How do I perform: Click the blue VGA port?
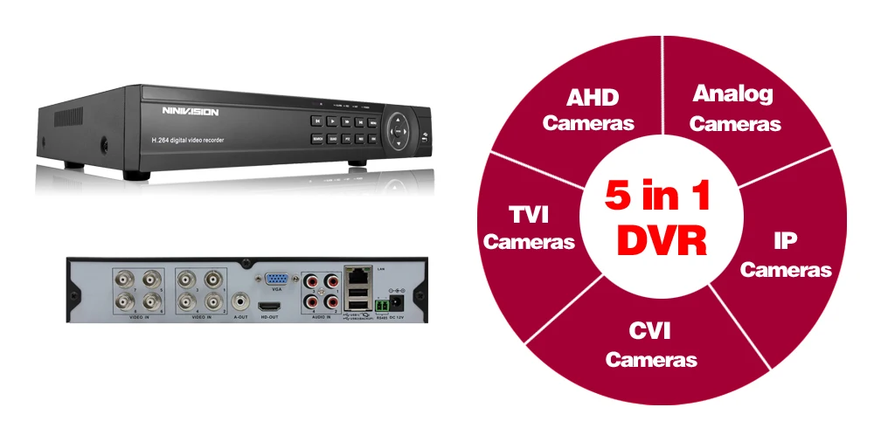pyautogui.click(x=278, y=278)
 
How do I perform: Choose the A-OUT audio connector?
pyautogui.click(x=242, y=303)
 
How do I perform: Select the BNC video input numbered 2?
pyautogui.click(x=211, y=303)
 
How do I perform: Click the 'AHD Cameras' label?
pyautogui.click(x=588, y=110)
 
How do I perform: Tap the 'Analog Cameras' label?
pyautogui.click(x=733, y=108)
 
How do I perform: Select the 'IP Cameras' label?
pyautogui.click(x=785, y=256)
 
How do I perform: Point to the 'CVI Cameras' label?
pyautogui.click(x=651, y=345)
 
